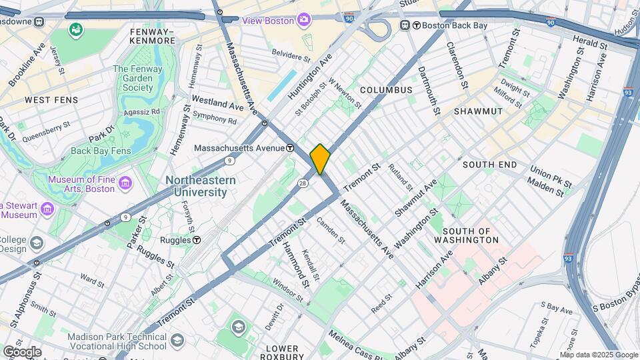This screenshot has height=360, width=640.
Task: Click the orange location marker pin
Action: pyautogui.click(x=320, y=159)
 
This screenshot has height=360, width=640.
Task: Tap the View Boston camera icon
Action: pyautogui.click(x=303, y=21)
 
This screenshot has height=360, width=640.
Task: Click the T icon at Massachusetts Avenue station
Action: pyautogui.click(x=291, y=148)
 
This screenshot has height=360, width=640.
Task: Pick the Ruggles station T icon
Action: pyautogui.click(x=197, y=240)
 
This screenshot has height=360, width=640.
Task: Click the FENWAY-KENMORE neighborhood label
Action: pyautogui.click(x=153, y=36)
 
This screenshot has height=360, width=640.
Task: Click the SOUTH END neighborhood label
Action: pyautogui.click(x=489, y=164)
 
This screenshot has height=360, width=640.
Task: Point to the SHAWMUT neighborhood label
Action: pyautogui.click(x=477, y=111)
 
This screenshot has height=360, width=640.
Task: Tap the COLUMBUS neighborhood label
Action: pyautogui.click(x=387, y=89)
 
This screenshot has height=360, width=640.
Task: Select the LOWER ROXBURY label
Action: pyautogui.click(x=282, y=353)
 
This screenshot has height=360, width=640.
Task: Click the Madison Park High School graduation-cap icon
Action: pyautogui.click(x=239, y=326)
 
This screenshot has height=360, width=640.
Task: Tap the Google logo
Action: pyautogui.click(x=21, y=351)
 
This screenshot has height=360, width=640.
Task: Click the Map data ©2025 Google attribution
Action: pyautogui.click(x=598, y=355)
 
